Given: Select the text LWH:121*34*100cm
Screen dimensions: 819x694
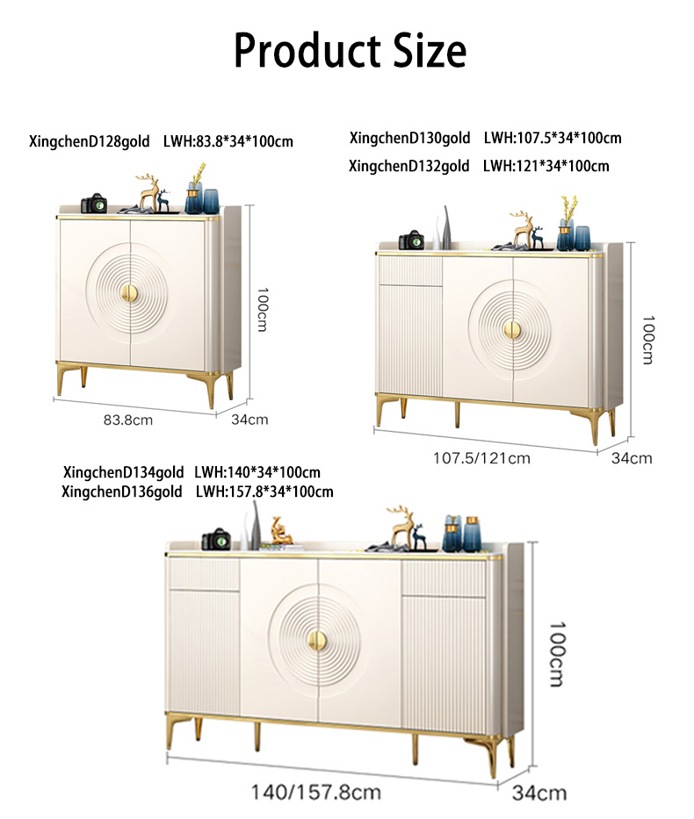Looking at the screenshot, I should tap(546, 165).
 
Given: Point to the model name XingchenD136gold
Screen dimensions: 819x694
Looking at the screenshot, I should tap(122, 492).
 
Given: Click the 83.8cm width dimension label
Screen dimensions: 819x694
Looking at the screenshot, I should tap(128, 420).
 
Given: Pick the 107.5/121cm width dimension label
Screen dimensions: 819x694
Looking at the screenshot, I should tap(482, 456).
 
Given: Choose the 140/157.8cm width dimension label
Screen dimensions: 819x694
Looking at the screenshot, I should tap(316, 792).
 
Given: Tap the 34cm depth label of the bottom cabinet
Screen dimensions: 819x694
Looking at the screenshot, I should tap(539, 794).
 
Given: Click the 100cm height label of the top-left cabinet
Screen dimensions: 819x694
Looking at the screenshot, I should tap(261, 308).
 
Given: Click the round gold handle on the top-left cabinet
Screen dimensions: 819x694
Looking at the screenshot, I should tap(130, 293).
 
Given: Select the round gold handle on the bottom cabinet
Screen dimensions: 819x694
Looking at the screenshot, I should tap(316, 638).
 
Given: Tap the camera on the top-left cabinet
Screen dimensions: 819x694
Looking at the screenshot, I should tap(93, 204).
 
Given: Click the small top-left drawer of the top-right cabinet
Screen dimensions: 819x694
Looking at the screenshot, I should tap(409, 271).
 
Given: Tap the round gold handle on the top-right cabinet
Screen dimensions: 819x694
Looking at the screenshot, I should tap(512, 328).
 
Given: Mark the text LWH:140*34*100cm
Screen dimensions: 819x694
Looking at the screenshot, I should tap(257, 472).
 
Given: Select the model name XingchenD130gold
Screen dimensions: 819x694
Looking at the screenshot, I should tap(410, 138).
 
